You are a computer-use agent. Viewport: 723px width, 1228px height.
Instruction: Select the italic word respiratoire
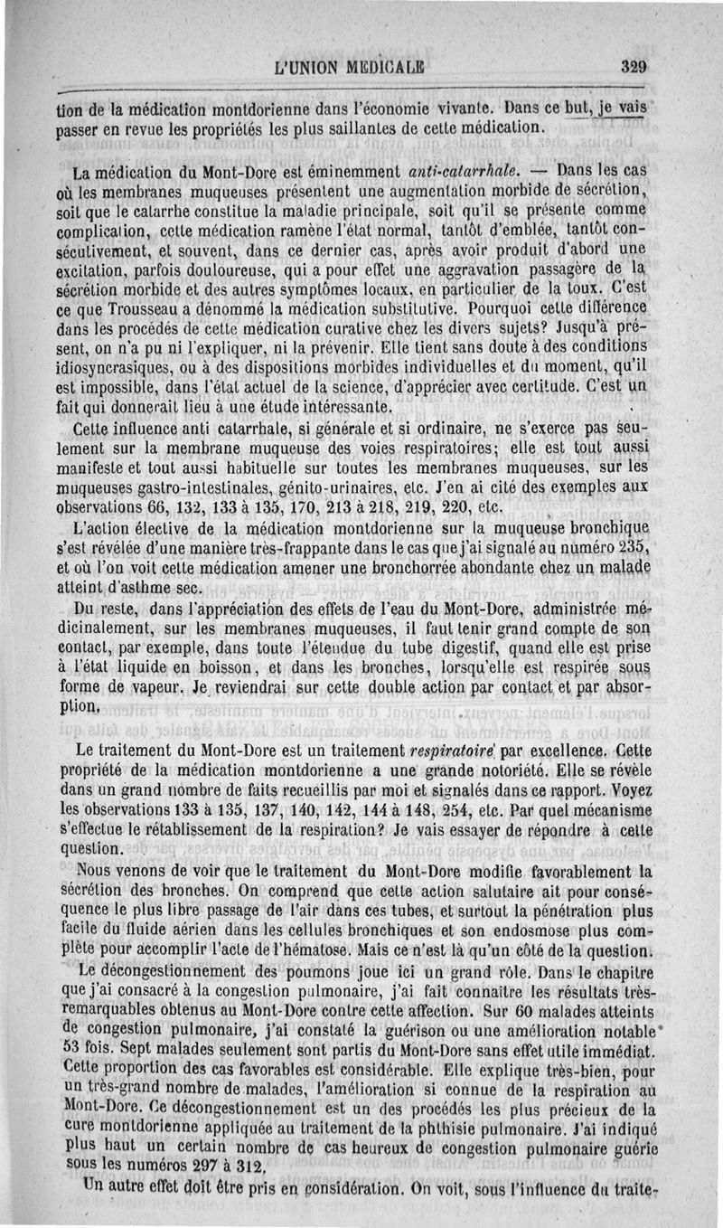pos(449,751)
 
